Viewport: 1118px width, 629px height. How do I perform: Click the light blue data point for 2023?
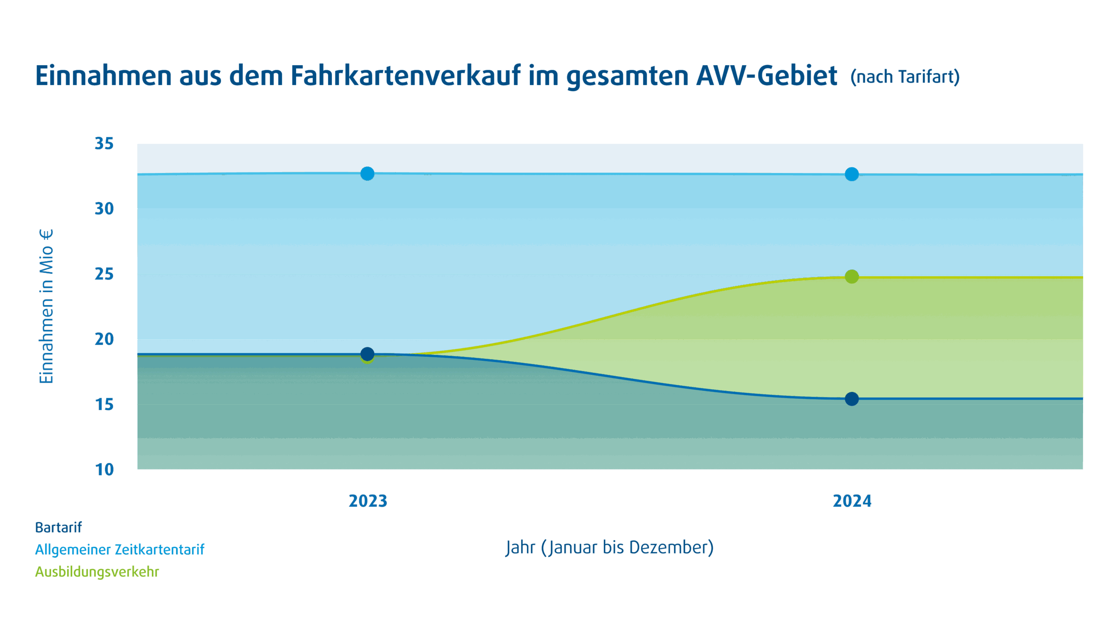pyautogui.click(x=367, y=173)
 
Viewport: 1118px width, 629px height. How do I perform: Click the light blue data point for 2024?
pyautogui.click(x=852, y=174)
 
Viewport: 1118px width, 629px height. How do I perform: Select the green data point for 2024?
pyautogui.click(x=852, y=276)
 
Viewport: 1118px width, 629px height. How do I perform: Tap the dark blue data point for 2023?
pyautogui.click(x=367, y=353)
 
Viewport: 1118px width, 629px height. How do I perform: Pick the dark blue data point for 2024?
pyautogui.click(x=852, y=399)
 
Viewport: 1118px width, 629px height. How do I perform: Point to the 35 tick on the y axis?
pyautogui.click(x=104, y=144)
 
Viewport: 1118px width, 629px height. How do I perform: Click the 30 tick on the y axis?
pyautogui.click(x=104, y=209)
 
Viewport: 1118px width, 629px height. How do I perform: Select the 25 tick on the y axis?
pyautogui.click(x=104, y=274)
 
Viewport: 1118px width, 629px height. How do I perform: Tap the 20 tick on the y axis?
pyautogui.click(x=104, y=339)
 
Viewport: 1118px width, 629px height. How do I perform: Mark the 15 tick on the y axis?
pyautogui.click(x=104, y=404)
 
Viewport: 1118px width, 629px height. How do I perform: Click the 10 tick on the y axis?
pyautogui.click(x=104, y=470)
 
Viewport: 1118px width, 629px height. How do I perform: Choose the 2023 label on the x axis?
pyautogui.click(x=368, y=501)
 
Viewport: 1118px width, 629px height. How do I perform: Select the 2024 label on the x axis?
pyautogui.click(x=852, y=501)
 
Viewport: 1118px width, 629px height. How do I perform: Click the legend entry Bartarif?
pyautogui.click(x=58, y=528)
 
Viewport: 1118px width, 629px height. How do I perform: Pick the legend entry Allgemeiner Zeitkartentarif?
pyautogui.click(x=119, y=550)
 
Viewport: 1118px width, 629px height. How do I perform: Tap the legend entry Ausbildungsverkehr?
pyautogui.click(x=97, y=572)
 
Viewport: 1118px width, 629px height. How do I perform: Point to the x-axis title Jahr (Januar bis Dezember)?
pyautogui.click(x=610, y=548)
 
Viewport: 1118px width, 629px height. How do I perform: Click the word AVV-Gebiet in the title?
pyautogui.click(x=766, y=76)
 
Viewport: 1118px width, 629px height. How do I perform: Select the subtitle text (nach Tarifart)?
pyautogui.click(x=905, y=77)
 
